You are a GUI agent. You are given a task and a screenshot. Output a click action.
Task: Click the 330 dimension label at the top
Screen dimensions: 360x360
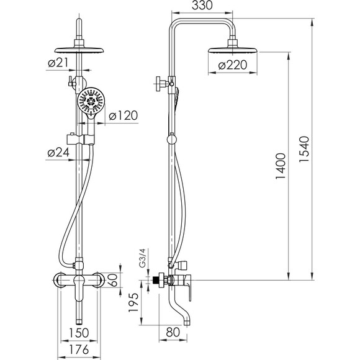tap(202, 6)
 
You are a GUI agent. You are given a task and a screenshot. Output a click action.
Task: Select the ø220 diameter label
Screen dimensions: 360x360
tap(233, 65)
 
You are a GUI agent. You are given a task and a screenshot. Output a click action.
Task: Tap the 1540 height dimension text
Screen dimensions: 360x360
tap(304, 149)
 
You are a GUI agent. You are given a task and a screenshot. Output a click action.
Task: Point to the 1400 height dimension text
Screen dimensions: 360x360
tap(281, 166)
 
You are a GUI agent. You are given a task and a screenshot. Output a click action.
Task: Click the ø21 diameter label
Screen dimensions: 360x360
tap(58, 63)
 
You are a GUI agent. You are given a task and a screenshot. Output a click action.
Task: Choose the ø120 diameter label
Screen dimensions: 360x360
tap(124, 115)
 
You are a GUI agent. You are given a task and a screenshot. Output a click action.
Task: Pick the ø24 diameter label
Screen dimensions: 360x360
tap(58, 152)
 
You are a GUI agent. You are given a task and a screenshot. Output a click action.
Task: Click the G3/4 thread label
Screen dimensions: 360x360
tap(143, 258)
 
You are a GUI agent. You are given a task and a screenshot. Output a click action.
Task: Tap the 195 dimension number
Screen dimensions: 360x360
tap(133, 302)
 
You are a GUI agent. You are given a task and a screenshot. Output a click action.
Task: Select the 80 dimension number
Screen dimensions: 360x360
tap(173, 332)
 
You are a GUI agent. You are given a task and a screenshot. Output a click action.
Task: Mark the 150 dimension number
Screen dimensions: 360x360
tap(79, 333)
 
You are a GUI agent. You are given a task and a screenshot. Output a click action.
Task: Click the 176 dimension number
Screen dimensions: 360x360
tap(79, 349)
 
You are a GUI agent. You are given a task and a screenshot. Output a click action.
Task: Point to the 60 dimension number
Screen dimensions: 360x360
tap(113, 280)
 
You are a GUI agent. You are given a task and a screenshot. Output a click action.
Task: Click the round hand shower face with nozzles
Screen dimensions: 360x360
tap(91, 101)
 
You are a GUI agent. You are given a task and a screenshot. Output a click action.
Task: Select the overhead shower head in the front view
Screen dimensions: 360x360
tap(79, 50)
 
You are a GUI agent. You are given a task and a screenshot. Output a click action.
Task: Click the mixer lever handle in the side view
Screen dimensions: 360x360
tap(189, 287)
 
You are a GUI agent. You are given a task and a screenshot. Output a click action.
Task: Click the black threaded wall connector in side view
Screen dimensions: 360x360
tap(156, 280)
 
